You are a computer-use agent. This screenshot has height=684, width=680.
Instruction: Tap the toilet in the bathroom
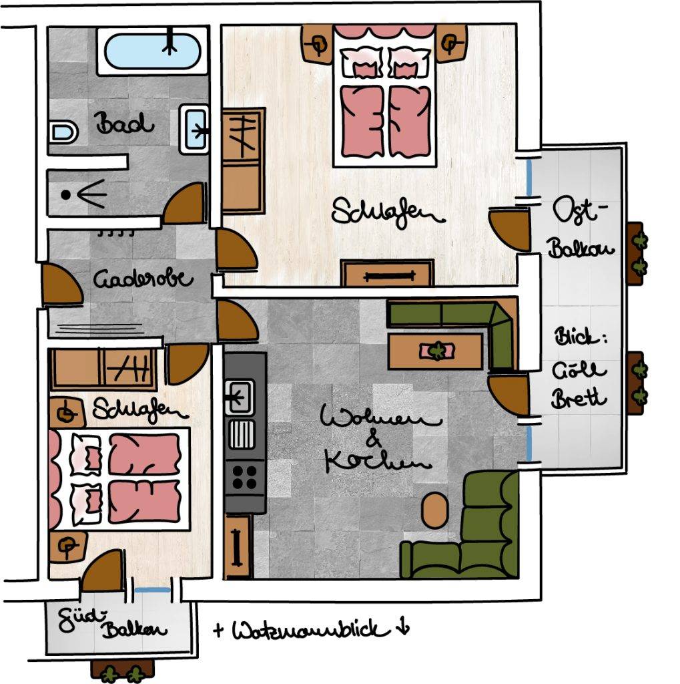click(63, 130)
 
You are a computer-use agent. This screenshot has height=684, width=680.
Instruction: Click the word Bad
click(125, 125)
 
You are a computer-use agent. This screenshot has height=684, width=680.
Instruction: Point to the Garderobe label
click(143, 278)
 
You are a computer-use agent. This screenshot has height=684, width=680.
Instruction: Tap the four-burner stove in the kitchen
click(244, 476)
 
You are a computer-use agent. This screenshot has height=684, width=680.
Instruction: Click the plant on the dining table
click(436, 350)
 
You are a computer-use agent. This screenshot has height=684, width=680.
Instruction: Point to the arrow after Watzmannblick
click(402, 629)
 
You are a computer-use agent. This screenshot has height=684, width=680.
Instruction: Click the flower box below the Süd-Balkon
click(123, 670)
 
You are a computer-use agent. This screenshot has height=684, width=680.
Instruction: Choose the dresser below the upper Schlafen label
click(387, 274)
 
